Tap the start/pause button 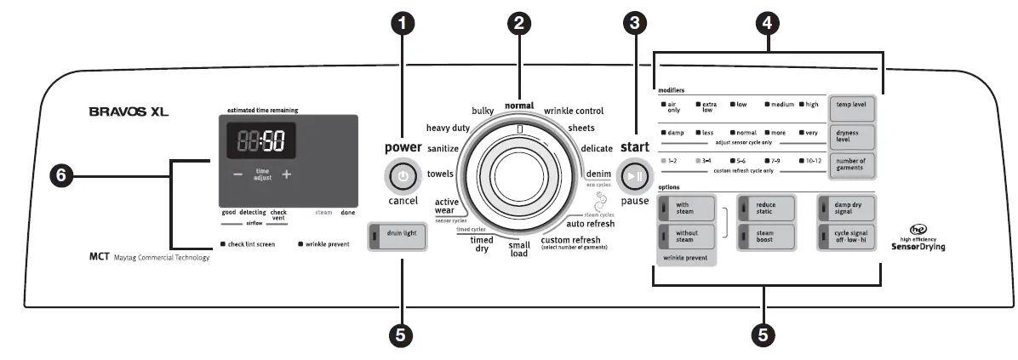click(635, 176)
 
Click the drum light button click(397, 236)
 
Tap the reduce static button click(769, 208)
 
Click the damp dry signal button click(849, 208)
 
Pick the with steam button click(687, 208)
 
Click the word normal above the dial click(518, 106)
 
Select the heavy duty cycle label click(448, 128)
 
